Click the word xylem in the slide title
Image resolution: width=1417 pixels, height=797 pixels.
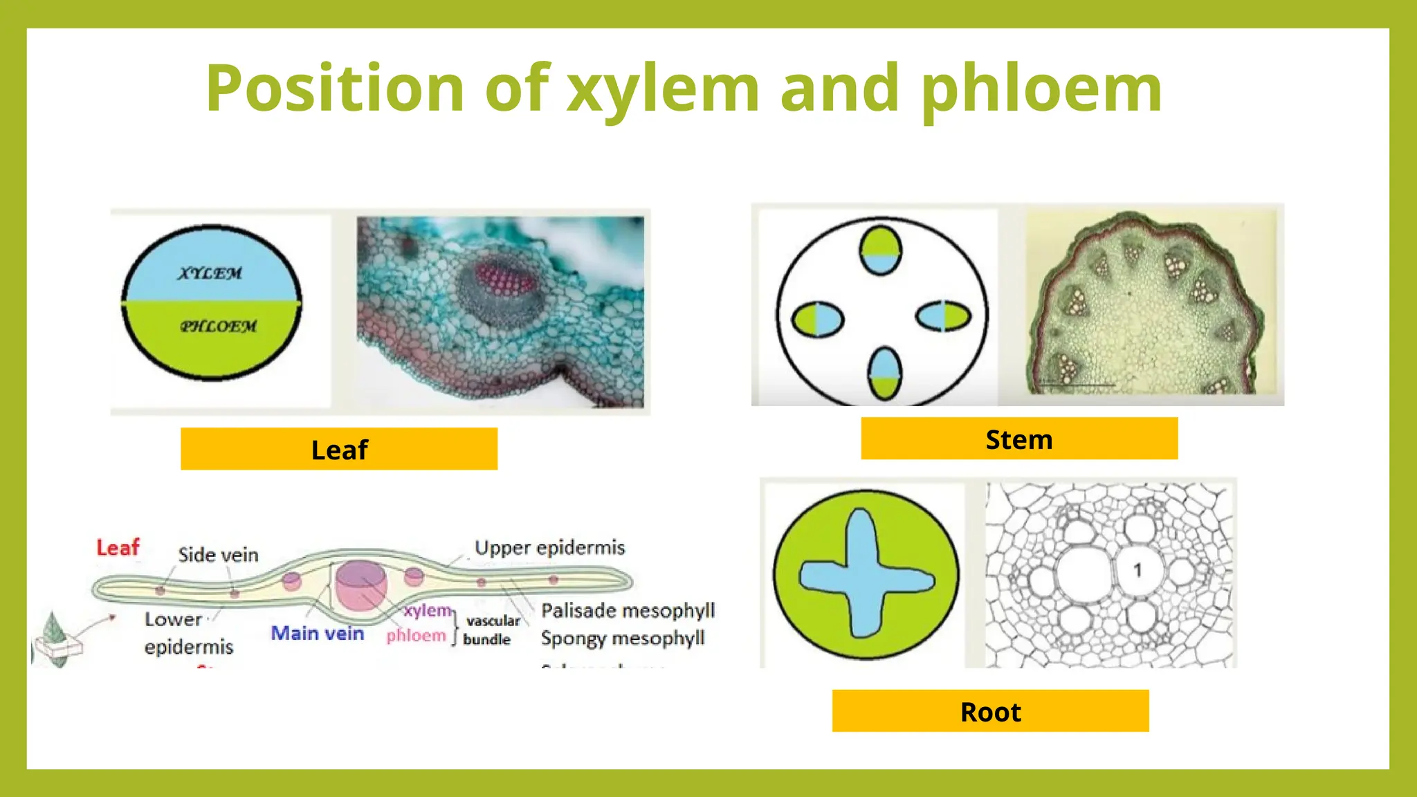[663, 90]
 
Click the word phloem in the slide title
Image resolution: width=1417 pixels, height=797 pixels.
[1041, 90]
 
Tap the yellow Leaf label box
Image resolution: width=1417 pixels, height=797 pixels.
[339, 449]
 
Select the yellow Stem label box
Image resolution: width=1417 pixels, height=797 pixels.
[1019, 439]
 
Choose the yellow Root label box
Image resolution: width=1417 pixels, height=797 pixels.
[990, 711]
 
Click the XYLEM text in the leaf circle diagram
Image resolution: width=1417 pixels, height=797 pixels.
[210, 273]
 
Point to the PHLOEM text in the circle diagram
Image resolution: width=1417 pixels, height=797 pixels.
[218, 326]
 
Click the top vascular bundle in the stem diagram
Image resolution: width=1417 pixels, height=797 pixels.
[881, 250]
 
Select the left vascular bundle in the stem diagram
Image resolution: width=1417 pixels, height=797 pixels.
[817, 320]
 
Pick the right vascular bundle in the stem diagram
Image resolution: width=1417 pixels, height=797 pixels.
[944, 316]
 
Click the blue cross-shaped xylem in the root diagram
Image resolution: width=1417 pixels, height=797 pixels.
[865, 574]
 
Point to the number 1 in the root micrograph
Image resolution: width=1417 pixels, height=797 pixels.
[1137, 570]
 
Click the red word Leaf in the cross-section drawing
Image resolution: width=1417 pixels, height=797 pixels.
[118, 548]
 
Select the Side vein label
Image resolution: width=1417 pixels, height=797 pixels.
[218, 555]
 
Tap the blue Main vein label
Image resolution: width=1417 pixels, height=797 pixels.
[317, 633]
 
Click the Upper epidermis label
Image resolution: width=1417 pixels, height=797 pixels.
[549, 548]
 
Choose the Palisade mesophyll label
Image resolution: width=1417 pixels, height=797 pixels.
[628, 610]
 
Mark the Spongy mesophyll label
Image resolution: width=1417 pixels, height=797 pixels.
[623, 638]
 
